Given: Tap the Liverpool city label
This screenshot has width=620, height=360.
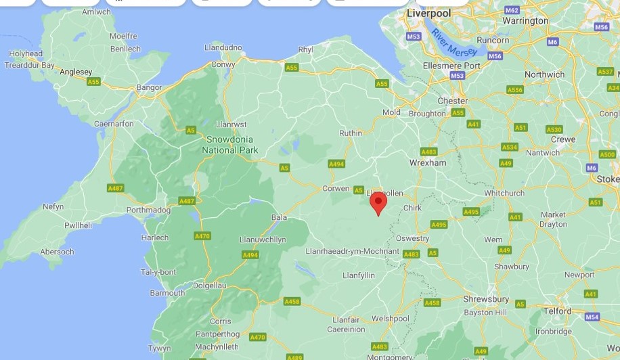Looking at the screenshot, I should pyautogui.click(x=428, y=14).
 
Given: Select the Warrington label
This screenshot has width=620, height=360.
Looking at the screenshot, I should pyautogui.click(x=525, y=21).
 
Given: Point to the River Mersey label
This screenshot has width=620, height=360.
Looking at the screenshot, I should pyautogui.click(x=454, y=43).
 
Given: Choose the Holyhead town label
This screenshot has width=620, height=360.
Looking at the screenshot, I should pyautogui.click(x=26, y=54).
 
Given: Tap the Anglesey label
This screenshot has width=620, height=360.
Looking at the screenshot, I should pyautogui.click(x=76, y=71).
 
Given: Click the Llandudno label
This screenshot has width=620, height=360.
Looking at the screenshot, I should pyautogui.click(x=223, y=47).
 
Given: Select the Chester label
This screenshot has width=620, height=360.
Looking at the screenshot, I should pyautogui.click(x=453, y=101).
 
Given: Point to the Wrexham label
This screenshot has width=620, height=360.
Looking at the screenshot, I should pyautogui.click(x=428, y=163).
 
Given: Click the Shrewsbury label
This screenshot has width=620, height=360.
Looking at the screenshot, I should pyautogui.click(x=486, y=299).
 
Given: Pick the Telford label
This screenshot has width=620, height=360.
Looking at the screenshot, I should pyautogui.click(x=556, y=312).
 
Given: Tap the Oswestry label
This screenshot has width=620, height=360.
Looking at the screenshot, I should pyautogui.click(x=413, y=238).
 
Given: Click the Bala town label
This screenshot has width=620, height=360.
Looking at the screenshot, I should pyautogui.click(x=279, y=217).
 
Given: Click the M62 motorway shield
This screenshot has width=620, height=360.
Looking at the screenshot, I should pyautogui.click(x=512, y=10).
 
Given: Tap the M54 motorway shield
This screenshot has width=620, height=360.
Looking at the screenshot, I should pyautogui.click(x=592, y=317).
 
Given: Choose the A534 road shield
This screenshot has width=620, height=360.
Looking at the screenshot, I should pyautogui.click(x=509, y=147).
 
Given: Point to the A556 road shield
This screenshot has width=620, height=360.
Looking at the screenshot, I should pyautogui.click(x=515, y=90).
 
